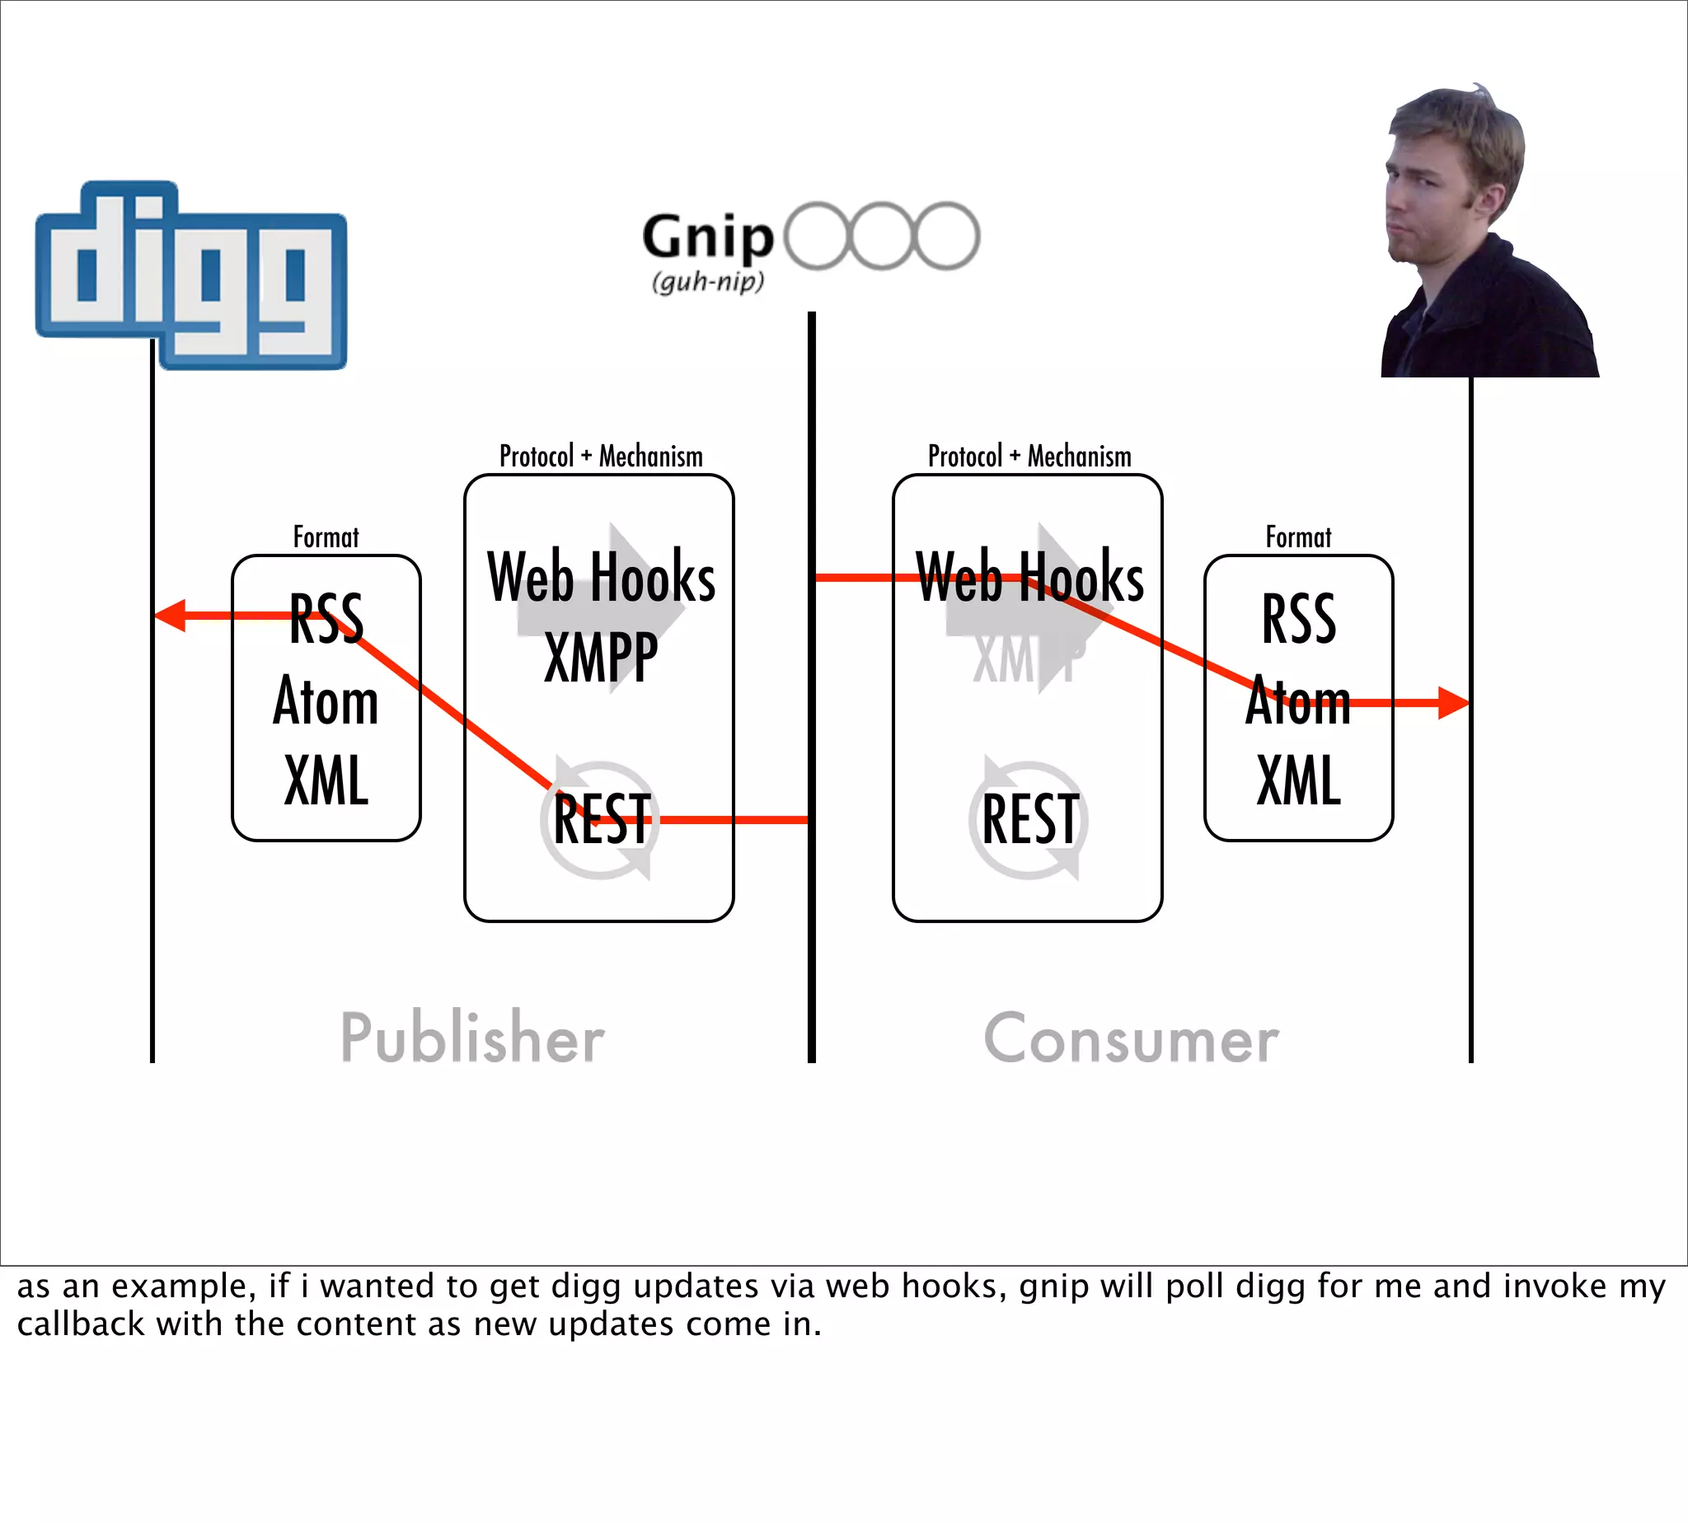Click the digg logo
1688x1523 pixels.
click(191, 274)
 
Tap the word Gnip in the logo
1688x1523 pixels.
click(708, 237)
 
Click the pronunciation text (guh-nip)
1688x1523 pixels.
click(708, 281)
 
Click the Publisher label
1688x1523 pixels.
click(472, 1038)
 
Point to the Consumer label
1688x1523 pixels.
click(1132, 1038)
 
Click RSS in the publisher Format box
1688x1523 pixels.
click(326, 619)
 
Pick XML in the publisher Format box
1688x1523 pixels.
click(326, 780)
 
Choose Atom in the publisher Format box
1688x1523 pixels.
click(326, 701)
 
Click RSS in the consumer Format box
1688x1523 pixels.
click(1299, 619)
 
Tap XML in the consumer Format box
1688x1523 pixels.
click(1299, 780)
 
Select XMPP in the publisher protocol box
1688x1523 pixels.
click(601, 658)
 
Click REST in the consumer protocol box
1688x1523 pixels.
click(1029, 819)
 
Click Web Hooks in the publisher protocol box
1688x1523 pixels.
click(601, 578)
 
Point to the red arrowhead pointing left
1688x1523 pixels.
click(170, 616)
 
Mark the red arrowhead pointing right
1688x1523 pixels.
click(1454, 703)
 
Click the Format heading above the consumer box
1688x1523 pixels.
click(1298, 537)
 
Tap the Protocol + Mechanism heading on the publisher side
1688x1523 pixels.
click(601, 457)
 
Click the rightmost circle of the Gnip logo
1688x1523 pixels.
click(946, 236)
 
